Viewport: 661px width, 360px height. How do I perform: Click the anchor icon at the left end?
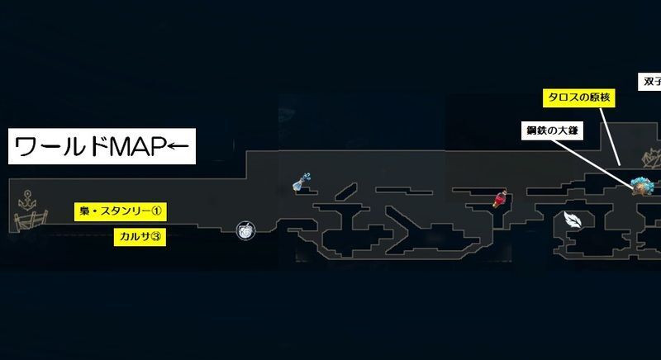(x=28, y=199)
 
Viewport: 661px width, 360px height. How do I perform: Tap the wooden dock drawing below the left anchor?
(x=28, y=221)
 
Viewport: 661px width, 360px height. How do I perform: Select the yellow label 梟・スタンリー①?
(x=120, y=212)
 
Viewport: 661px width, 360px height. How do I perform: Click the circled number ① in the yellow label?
(x=159, y=212)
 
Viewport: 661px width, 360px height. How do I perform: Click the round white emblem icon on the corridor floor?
(x=246, y=230)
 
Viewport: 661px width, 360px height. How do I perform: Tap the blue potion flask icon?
(x=304, y=183)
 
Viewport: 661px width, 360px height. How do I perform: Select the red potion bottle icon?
(x=501, y=201)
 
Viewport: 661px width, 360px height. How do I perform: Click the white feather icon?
(x=572, y=219)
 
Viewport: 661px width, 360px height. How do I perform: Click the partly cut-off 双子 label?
(x=651, y=81)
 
